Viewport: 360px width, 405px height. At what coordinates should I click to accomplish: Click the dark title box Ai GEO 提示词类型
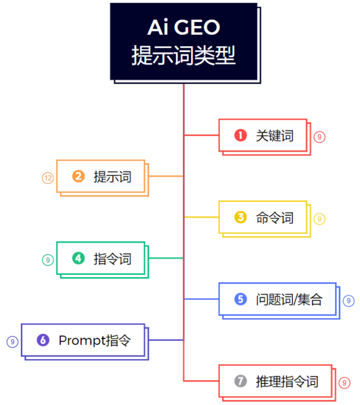coord(184,42)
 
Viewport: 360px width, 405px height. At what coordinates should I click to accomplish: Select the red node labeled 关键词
coord(263,136)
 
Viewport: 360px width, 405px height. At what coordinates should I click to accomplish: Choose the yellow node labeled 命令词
coord(263,217)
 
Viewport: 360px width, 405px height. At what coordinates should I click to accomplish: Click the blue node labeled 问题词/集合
coord(277,299)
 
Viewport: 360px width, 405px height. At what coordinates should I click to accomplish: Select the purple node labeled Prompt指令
coord(83,340)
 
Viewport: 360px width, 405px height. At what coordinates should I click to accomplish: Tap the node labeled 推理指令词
coord(275,381)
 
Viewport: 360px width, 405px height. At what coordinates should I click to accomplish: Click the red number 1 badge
coord(240,136)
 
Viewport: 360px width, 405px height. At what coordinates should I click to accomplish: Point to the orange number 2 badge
coord(79,177)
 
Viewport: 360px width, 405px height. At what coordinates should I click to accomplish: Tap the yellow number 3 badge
coord(240,217)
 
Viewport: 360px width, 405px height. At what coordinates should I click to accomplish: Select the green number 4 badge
coord(79,258)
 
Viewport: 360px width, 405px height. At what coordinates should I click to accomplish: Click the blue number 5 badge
coord(240,299)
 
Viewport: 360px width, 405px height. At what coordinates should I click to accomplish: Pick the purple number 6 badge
coord(43,340)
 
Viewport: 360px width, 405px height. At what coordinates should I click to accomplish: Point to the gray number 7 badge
coord(240,381)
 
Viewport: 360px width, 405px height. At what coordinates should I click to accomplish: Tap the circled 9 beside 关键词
coord(319,137)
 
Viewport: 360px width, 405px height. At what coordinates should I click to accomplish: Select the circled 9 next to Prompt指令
coord(12,342)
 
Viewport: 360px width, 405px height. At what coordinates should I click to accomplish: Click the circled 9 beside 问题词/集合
coord(349,301)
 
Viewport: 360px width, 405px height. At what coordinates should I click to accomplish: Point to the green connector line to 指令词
coord(165,258)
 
